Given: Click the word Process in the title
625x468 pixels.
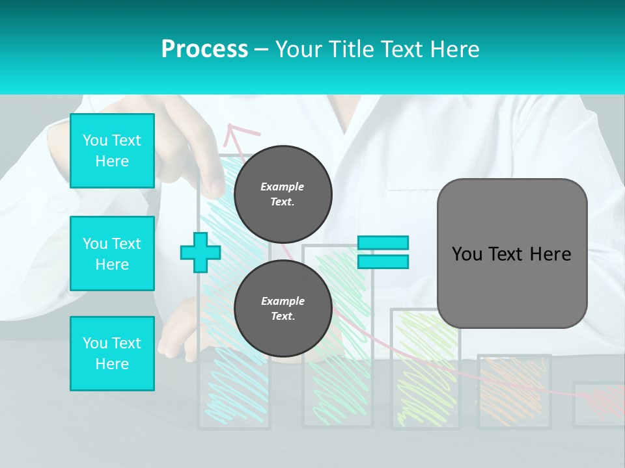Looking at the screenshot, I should pyautogui.click(x=204, y=49).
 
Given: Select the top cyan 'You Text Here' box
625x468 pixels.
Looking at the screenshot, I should pyautogui.click(x=112, y=151).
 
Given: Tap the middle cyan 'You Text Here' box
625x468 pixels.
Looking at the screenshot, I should pyautogui.click(x=112, y=253).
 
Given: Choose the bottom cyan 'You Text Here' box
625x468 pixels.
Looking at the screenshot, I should pyautogui.click(x=112, y=354).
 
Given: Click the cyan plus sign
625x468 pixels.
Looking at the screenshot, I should pyautogui.click(x=201, y=253).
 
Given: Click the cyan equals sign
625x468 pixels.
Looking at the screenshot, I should pyautogui.click(x=383, y=252).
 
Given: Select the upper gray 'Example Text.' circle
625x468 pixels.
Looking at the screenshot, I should pyautogui.click(x=283, y=194).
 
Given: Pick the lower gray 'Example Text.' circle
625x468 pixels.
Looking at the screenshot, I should pyautogui.click(x=283, y=309).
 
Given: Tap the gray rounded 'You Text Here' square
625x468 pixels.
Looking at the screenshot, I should pyautogui.click(x=512, y=253).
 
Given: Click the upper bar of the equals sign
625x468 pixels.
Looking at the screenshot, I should pyautogui.click(x=383, y=243).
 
